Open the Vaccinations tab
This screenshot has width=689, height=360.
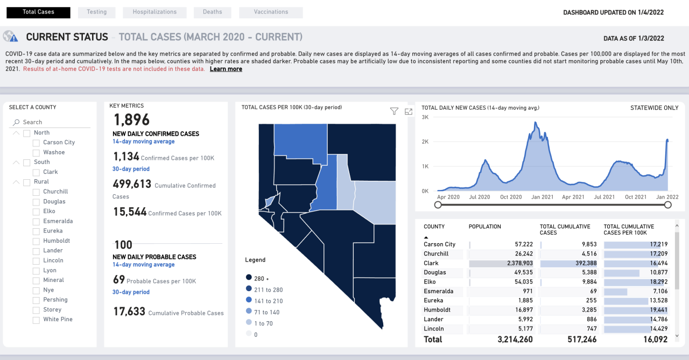point(271,12)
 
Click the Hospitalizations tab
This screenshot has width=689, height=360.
point(154,12)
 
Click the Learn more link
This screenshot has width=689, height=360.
point(226,69)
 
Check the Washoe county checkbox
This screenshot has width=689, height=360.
point(36,152)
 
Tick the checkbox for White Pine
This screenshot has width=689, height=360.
point(36,320)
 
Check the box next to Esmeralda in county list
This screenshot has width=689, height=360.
point(36,221)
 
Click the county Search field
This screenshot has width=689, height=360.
point(54,122)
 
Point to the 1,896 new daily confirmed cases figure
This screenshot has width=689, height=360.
point(131,119)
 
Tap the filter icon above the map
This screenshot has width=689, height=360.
point(394,111)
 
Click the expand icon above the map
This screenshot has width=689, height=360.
point(409,111)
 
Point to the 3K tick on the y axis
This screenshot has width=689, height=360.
point(425,117)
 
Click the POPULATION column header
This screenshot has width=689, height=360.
point(484,227)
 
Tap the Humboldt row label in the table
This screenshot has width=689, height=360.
point(437,310)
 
